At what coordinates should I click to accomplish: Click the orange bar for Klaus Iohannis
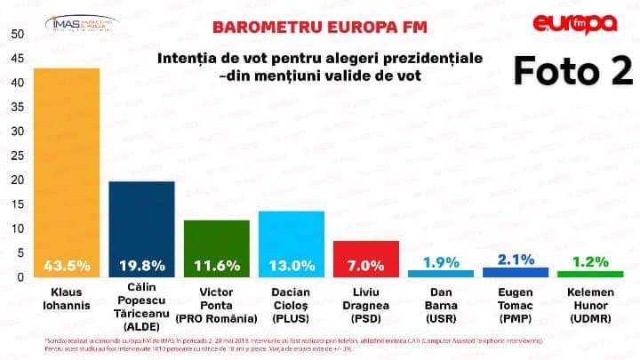[x=66, y=160]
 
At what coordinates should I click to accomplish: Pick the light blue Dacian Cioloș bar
[x=291, y=235]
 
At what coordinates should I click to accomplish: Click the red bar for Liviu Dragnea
[x=365, y=250]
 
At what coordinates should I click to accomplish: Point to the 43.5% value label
[x=66, y=265]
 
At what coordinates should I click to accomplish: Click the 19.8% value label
[x=141, y=265]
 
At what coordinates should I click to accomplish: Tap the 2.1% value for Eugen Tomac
[x=516, y=260]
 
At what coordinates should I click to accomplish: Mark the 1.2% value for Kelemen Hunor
[x=590, y=262]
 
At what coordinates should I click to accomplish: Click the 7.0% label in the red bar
[x=365, y=265]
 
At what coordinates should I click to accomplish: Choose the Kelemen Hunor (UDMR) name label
[x=590, y=304]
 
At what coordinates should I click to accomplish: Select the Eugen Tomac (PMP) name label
[x=516, y=304]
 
